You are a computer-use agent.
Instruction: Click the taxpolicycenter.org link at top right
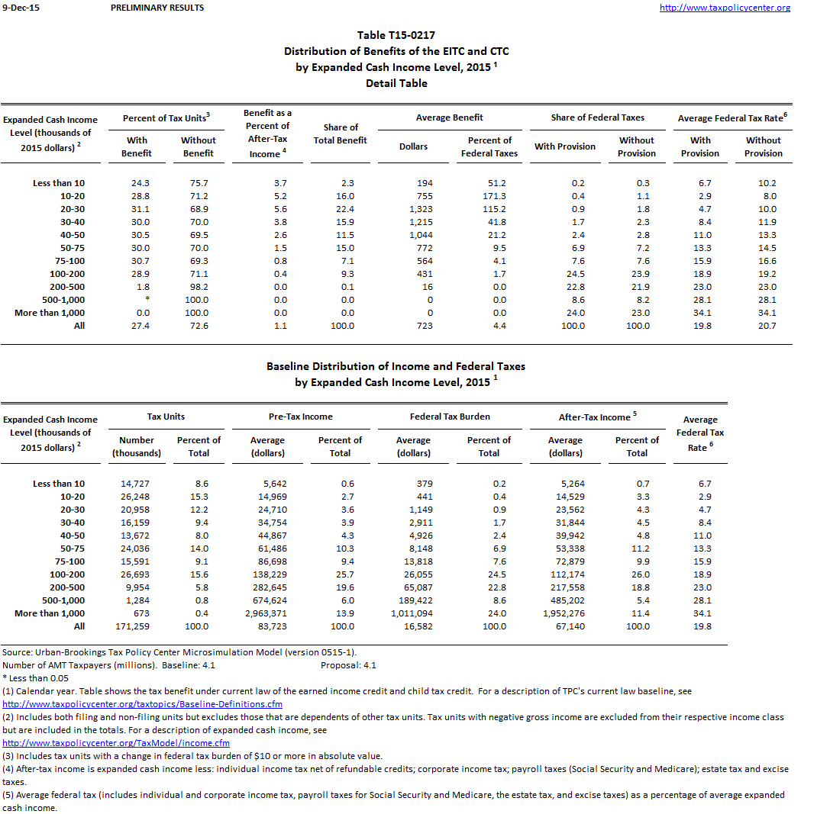[x=724, y=8]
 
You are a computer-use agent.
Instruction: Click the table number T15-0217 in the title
[x=396, y=35]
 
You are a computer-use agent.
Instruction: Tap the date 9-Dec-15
[x=21, y=8]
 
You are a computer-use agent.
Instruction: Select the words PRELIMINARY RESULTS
[x=157, y=8]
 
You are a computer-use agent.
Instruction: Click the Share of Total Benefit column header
[x=340, y=134]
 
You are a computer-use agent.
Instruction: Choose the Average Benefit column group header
[x=449, y=117]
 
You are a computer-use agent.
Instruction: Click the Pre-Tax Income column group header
[x=301, y=417]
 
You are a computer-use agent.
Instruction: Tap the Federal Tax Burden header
[x=450, y=417]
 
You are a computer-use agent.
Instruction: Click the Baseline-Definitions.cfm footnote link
[x=143, y=704]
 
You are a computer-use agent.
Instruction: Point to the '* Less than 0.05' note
[x=35, y=678]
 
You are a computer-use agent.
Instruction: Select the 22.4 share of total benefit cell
[x=342, y=209]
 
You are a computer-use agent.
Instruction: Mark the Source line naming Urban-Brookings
[x=179, y=652]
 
